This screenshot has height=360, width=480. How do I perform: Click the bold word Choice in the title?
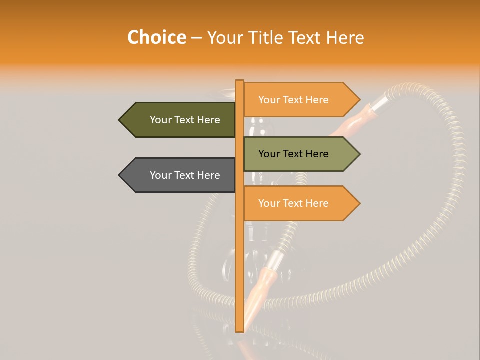(x=156, y=38)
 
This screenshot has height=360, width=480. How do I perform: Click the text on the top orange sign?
(x=293, y=100)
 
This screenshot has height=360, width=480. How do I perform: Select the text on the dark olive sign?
(x=185, y=120)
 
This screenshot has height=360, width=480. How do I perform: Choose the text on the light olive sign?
(x=293, y=154)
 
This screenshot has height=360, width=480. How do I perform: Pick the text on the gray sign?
(x=185, y=175)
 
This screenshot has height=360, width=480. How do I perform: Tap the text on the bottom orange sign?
(x=293, y=203)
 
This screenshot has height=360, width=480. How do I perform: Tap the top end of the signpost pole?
(x=239, y=81)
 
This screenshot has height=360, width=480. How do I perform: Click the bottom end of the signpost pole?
(x=239, y=330)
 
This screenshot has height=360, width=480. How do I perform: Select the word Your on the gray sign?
(x=161, y=175)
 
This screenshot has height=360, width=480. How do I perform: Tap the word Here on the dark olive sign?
(x=208, y=120)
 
